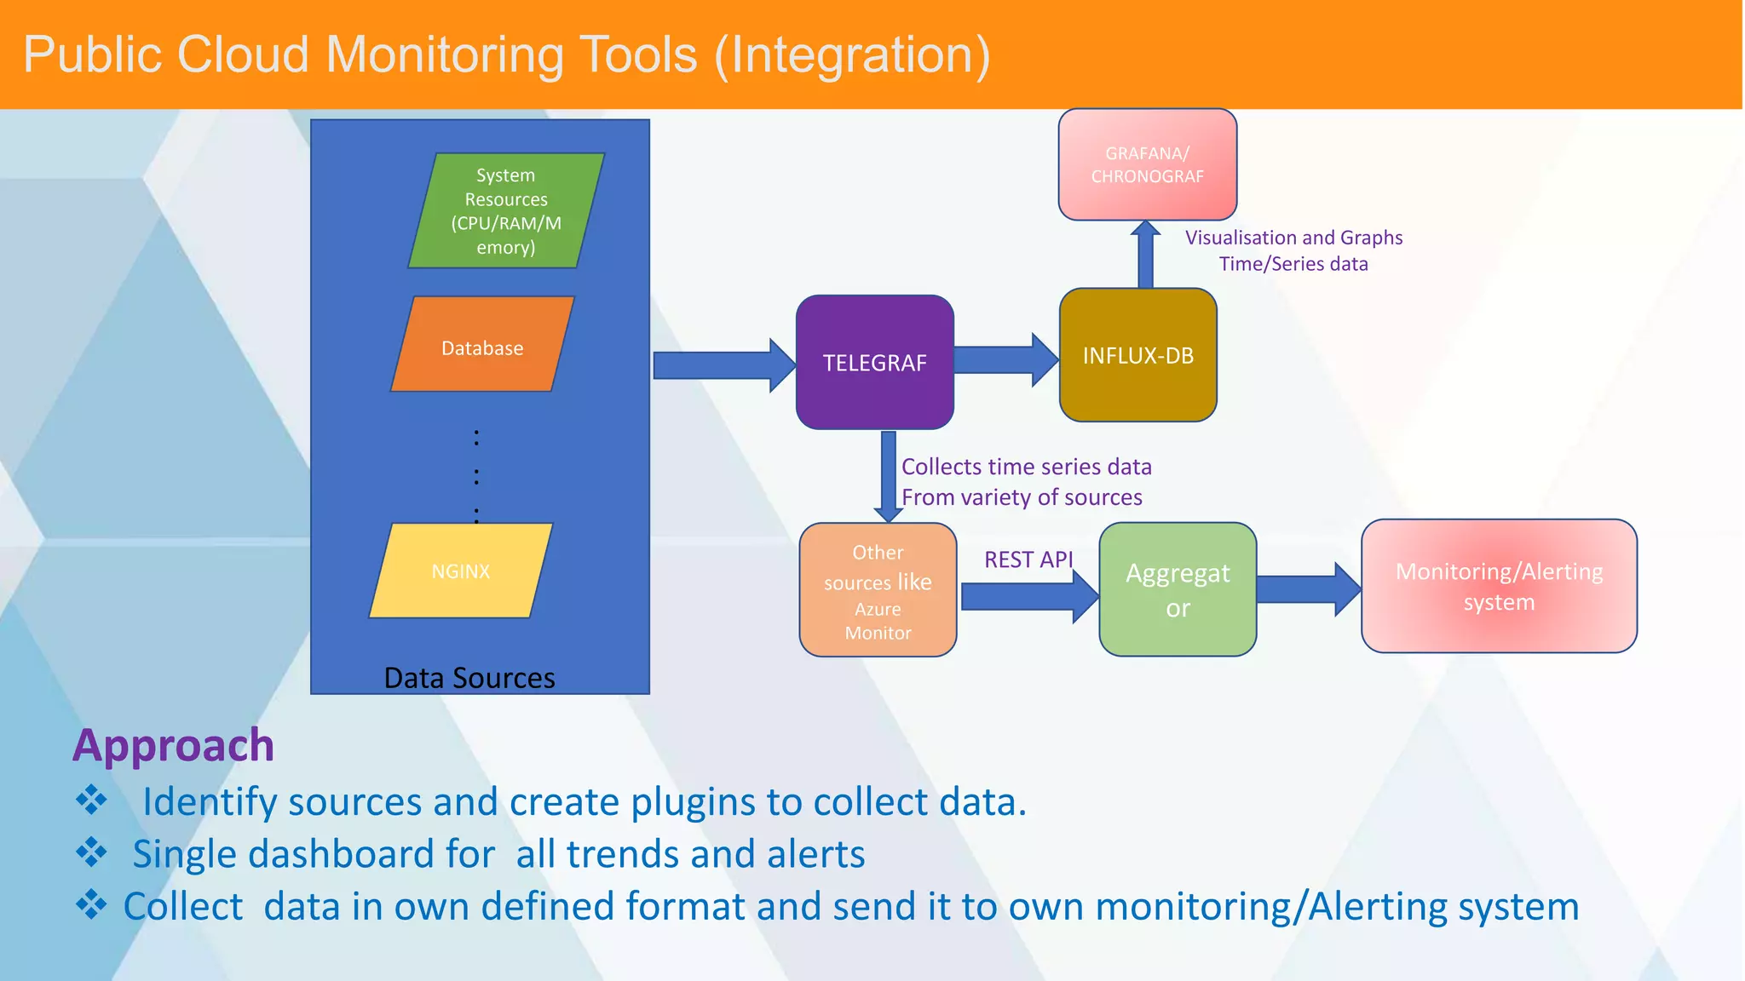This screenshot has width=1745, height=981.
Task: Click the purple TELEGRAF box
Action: pos(874,363)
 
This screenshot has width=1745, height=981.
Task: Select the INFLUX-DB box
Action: pos(1137,355)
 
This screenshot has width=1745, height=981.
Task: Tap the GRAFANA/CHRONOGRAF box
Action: pos(1147,164)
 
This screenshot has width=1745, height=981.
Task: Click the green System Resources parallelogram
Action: pos(506,210)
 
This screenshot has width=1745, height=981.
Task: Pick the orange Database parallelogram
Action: pos(482,345)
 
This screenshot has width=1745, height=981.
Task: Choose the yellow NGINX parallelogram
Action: pos(461,571)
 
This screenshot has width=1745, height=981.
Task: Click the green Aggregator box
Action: pos(1178,589)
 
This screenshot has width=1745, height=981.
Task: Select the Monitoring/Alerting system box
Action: pos(1499,586)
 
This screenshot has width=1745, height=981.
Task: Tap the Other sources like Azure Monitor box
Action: pos(878,590)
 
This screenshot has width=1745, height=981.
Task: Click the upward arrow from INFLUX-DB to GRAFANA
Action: pos(1146,255)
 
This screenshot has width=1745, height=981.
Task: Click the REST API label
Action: pos(1028,559)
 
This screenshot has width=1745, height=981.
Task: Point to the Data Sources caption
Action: pos(469,678)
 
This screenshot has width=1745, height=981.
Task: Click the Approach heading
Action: pos(174,745)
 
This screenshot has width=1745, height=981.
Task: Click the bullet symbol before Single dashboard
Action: pos(91,852)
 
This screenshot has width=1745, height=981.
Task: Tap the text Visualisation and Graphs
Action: pos(1293,238)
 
